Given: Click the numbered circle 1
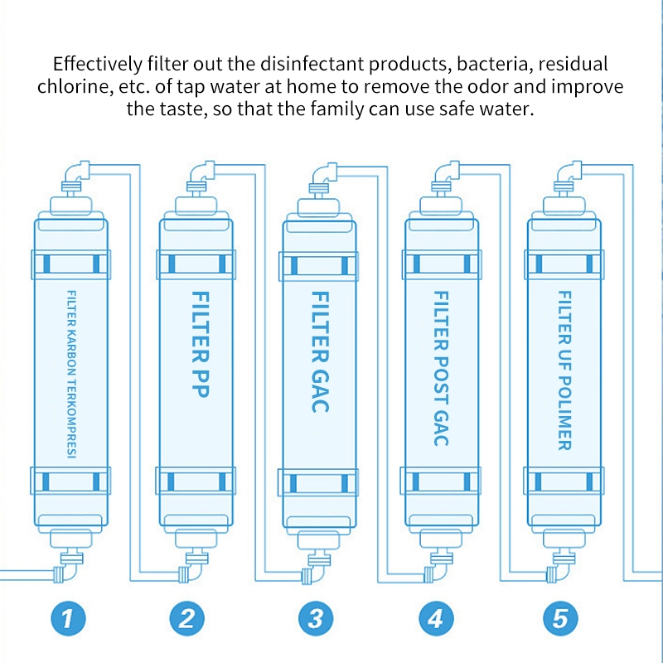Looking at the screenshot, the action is pyautogui.click(x=70, y=617).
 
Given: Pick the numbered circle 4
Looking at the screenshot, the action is pyautogui.click(x=435, y=617).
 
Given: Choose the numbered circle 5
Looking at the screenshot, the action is pyautogui.click(x=559, y=617).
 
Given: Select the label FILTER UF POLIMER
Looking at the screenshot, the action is pyautogui.click(x=564, y=370).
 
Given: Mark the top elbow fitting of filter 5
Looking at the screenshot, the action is pyautogui.click(x=566, y=175).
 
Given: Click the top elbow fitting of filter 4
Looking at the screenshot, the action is pyautogui.click(x=443, y=175).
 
